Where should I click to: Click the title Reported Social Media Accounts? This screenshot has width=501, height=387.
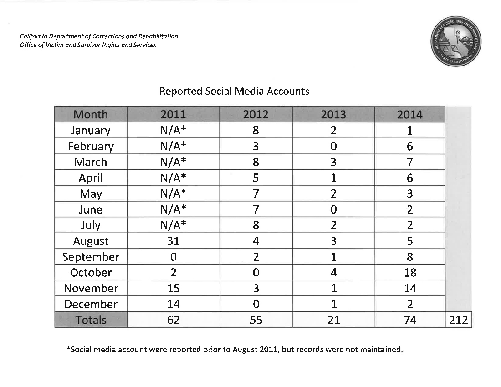[x=234, y=91]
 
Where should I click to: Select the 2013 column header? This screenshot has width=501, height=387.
[x=333, y=115]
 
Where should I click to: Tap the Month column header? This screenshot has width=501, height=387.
[x=91, y=115]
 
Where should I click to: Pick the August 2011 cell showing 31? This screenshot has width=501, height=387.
[x=173, y=241]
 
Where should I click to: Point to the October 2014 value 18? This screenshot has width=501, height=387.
[x=409, y=273]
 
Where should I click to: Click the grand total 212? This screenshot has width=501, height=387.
[x=458, y=320]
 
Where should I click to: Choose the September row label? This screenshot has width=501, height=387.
[x=91, y=257]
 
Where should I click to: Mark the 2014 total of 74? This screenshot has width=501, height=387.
[x=409, y=320]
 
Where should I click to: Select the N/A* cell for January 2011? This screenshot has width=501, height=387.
[x=173, y=131]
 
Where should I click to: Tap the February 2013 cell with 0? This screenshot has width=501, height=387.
[x=333, y=147]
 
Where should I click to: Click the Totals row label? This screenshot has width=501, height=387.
[x=91, y=320]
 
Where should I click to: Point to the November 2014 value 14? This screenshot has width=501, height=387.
[x=409, y=289]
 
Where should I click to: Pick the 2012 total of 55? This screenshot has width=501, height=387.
[x=256, y=320]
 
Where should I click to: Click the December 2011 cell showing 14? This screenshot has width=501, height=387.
[x=173, y=304]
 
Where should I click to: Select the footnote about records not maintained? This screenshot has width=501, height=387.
[x=235, y=350]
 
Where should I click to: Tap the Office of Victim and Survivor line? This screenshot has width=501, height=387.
[x=88, y=45]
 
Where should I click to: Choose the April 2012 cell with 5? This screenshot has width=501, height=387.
[x=256, y=178]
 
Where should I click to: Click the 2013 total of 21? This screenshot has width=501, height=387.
[x=333, y=320]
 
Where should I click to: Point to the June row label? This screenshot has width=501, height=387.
[x=91, y=209]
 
